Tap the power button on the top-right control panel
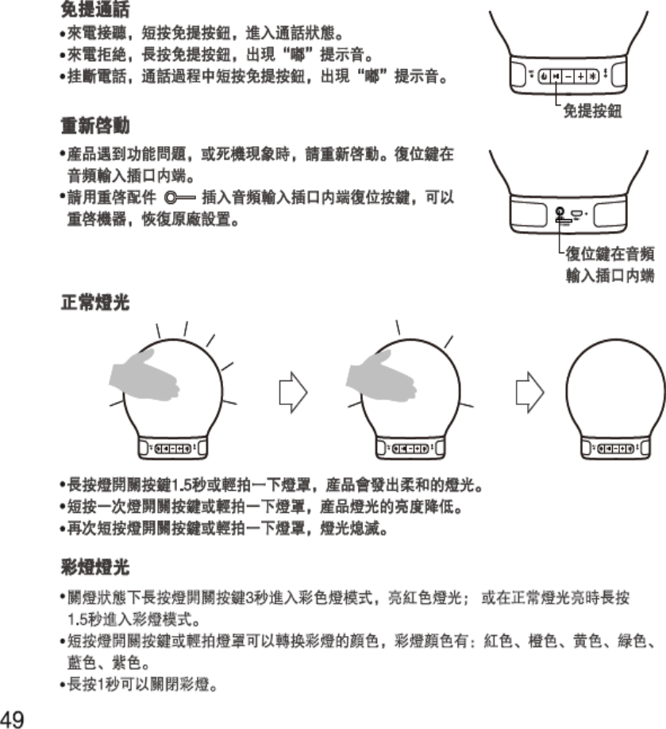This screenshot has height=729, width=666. click(544, 75)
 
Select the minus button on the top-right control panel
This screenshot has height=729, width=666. click(569, 75)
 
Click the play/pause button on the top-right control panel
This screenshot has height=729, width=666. click(556, 75)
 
